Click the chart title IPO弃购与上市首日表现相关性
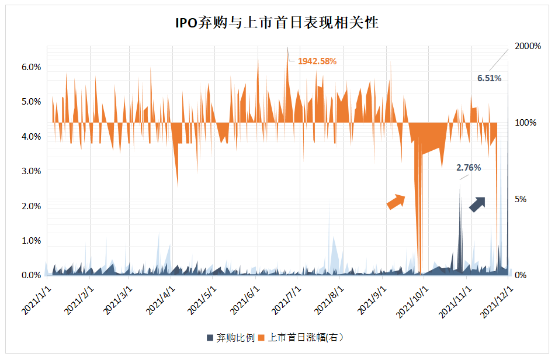pyautogui.click(x=277, y=23)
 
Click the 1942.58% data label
pyautogui.click(x=317, y=61)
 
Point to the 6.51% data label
pyautogui.click(x=490, y=78)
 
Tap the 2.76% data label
pyautogui.click(x=469, y=168)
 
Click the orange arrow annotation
pyautogui.click(x=396, y=201)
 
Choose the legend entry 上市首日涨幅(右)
pyautogui.click(x=304, y=338)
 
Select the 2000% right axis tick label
pyautogui.click(x=528, y=46)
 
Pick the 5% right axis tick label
pyautogui.click(x=521, y=199)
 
